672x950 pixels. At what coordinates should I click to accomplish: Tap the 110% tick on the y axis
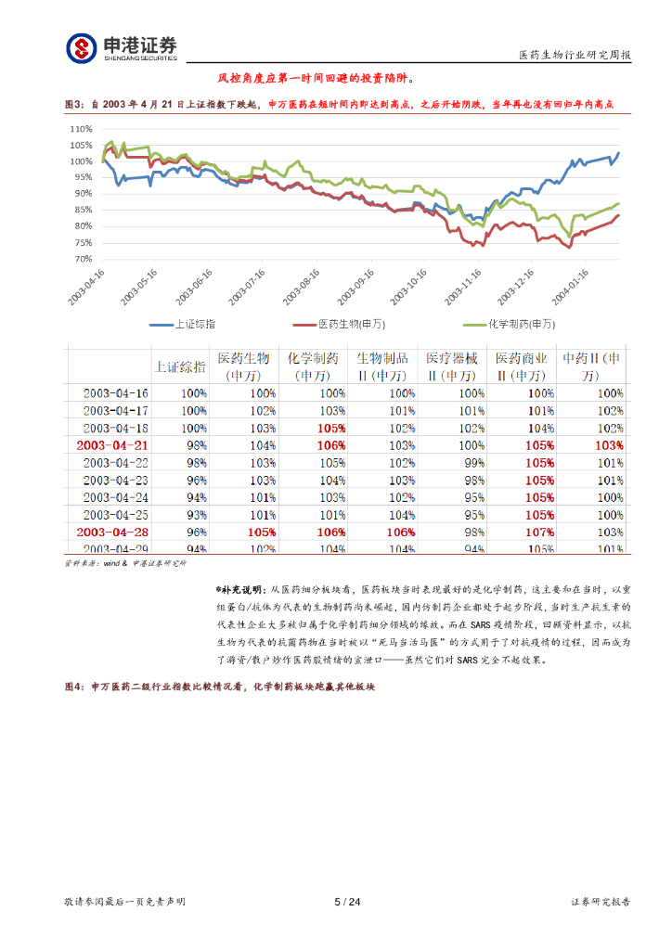(x=82, y=129)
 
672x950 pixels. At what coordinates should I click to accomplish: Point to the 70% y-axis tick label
(x=84, y=259)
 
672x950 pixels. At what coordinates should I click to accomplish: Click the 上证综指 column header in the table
(x=180, y=366)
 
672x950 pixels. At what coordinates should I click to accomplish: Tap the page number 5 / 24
(x=346, y=902)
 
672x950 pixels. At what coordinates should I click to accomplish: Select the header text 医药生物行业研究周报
(x=575, y=56)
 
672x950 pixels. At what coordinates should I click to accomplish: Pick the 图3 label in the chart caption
(x=73, y=105)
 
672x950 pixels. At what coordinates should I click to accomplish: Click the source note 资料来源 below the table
(x=82, y=563)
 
